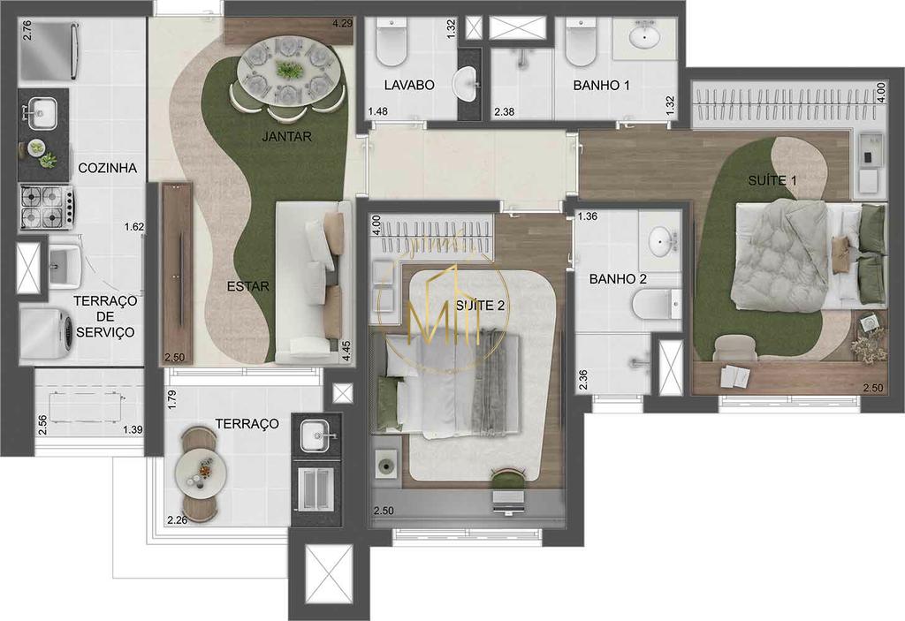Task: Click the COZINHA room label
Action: tap(107, 168)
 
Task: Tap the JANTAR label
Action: tap(287, 137)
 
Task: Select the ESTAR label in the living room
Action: tap(247, 286)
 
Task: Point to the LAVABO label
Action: tap(409, 86)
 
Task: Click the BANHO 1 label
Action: tap(601, 86)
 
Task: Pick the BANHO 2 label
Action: tap(618, 279)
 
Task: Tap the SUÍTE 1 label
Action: tap(772, 181)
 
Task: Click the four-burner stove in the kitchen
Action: tap(45, 208)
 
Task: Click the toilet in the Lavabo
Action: tap(390, 44)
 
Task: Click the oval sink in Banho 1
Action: tap(646, 35)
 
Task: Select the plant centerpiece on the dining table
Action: tap(288, 69)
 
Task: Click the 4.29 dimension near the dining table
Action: tap(342, 23)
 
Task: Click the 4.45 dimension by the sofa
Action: tap(347, 345)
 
